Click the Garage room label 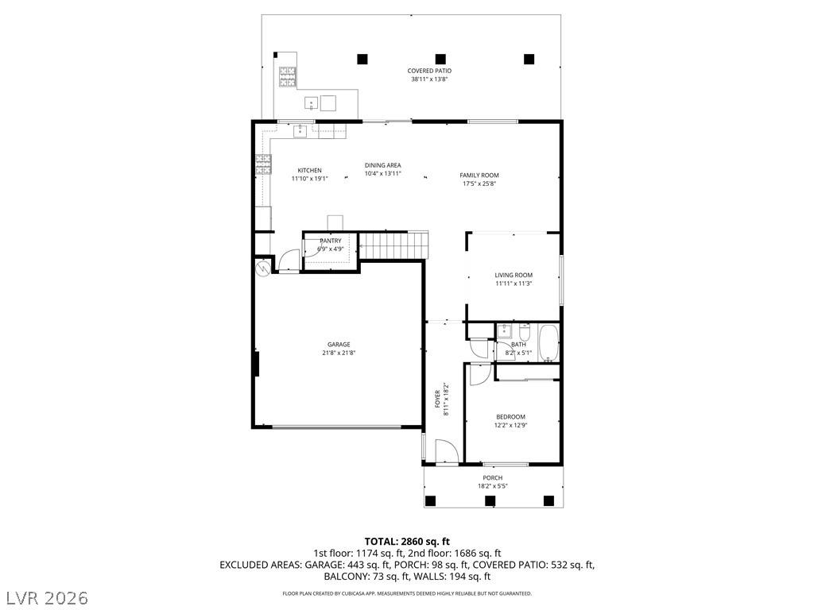point(339,345)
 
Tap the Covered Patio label point(429,71)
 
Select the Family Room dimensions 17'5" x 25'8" point(479,183)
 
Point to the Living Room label point(514,276)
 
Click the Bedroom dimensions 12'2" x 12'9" point(511,426)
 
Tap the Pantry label point(331,241)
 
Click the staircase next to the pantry point(393,245)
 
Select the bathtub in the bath point(548,343)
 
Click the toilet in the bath point(525,330)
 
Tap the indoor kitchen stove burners point(262,164)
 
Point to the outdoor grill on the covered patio point(287,77)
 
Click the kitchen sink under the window point(300,131)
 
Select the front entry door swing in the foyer point(446,451)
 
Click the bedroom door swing point(480,375)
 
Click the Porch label point(493,478)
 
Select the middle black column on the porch point(490,501)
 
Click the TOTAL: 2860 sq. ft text point(407,542)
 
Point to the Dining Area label point(382,165)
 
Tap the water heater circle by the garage point(262,268)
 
